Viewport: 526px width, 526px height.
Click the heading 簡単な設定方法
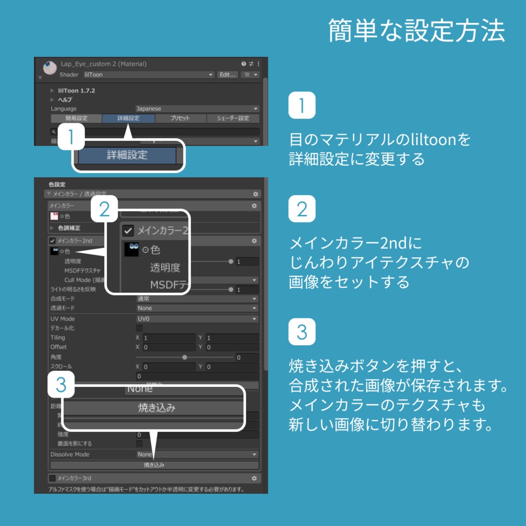[x=417, y=31]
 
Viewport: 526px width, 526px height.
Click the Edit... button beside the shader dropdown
[x=227, y=75]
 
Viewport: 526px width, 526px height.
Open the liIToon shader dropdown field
[x=148, y=75]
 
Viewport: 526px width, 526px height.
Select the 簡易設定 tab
[x=76, y=118]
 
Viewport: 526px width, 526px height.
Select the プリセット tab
[x=180, y=118]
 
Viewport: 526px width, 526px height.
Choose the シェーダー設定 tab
[x=233, y=118]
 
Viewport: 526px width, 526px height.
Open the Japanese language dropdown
[x=197, y=109]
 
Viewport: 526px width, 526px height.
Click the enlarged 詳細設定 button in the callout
[x=127, y=155]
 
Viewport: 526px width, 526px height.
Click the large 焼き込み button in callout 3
[x=157, y=408]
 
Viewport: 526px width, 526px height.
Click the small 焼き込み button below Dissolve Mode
[x=154, y=465]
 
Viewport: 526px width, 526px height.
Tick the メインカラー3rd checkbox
[x=52, y=478]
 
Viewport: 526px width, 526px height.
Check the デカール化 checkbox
[x=139, y=328]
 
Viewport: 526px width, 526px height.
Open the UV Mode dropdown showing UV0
[x=197, y=319]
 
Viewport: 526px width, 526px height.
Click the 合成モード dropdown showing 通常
[x=197, y=298]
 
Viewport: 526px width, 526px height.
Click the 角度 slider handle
[x=184, y=357]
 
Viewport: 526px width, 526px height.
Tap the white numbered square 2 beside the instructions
[x=302, y=209]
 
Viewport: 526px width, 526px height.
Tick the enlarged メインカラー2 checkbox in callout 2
[x=128, y=231]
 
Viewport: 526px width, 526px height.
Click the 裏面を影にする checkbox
[x=139, y=443]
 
